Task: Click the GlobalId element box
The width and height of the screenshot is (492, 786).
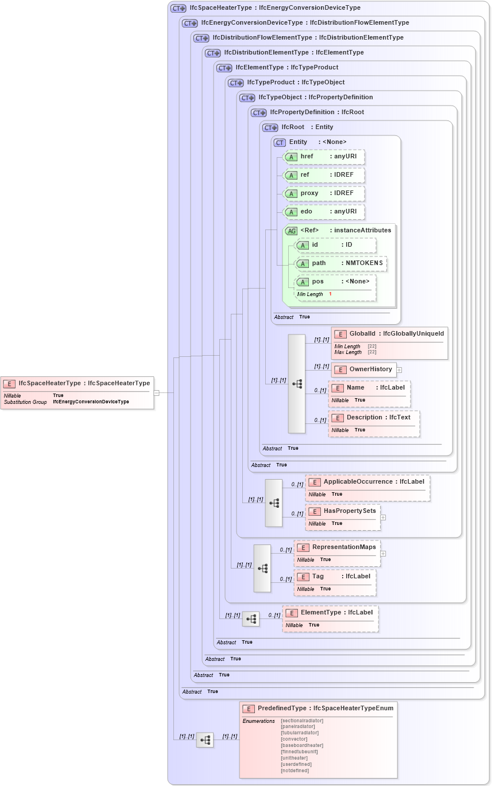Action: (x=389, y=343)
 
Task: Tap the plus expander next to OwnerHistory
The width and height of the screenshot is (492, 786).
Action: (x=399, y=370)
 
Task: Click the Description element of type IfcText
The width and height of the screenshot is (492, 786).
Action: (x=374, y=423)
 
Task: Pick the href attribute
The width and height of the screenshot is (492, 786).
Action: (x=325, y=157)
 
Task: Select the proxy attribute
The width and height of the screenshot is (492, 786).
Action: (x=325, y=193)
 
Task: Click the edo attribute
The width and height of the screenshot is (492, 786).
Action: (x=325, y=212)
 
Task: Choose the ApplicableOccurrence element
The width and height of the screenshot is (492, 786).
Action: (x=367, y=488)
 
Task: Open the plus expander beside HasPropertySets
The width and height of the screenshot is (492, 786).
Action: (x=383, y=517)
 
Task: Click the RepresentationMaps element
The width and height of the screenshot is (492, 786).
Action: (x=337, y=553)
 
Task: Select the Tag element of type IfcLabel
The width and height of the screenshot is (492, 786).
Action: (x=335, y=582)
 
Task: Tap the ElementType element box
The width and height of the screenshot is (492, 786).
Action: (x=330, y=618)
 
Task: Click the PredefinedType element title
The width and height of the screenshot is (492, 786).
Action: (x=319, y=709)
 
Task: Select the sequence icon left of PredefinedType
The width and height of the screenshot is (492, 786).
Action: (x=205, y=740)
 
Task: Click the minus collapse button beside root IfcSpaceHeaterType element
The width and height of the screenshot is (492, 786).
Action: (x=156, y=393)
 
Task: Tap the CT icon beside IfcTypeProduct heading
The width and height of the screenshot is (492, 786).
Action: (x=236, y=83)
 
